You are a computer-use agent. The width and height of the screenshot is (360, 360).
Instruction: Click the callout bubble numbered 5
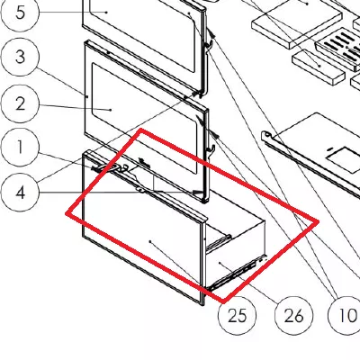click(x=20, y=13)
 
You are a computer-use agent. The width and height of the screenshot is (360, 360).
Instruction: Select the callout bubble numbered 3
click(x=20, y=57)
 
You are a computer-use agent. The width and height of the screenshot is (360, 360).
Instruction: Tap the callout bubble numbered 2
click(x=20, y=103)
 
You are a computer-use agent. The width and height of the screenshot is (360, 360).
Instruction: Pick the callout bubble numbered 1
click(x=20, y=147)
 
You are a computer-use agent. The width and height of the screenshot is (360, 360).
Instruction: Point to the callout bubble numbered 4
click(x=20, y=193)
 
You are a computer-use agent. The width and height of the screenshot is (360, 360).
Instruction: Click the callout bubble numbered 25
click(x=237, y=315)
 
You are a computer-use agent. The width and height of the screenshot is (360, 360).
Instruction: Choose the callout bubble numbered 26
click(x=293, y=315)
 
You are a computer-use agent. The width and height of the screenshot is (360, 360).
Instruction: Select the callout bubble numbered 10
click(x=345, y=315)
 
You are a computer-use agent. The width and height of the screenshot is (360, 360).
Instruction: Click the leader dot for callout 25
click(x=150, y=241)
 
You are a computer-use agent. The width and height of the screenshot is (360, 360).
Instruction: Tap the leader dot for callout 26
click(x=220, y=263)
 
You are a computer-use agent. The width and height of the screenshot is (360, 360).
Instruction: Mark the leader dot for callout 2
click(x=111, y=110)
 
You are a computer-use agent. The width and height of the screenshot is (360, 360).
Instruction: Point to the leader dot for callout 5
click(x=107, y=12)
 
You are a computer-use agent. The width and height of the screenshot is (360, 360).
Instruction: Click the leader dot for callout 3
click(x=87, y=96)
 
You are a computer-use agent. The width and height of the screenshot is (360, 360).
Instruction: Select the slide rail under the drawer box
click(x=237, y=273)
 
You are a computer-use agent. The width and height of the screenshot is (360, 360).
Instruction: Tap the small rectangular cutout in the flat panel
click(x=343, y=157)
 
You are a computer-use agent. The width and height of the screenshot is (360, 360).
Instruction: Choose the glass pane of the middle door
click(x=144, y=118)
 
